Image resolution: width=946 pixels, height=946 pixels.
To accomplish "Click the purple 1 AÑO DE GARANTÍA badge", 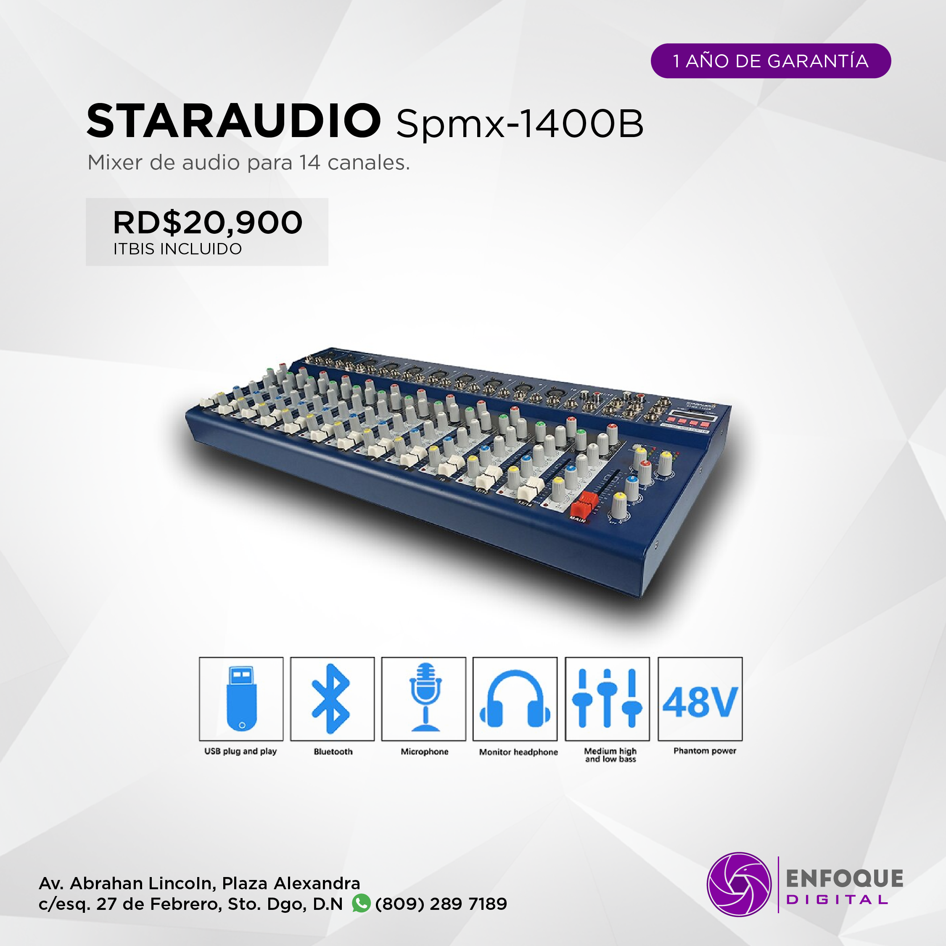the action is [x=771, y=61].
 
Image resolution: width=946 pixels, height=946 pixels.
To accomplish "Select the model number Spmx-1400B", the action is [x=520, y=124].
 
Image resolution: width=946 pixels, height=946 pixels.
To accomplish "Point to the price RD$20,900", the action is [x=208, y=223].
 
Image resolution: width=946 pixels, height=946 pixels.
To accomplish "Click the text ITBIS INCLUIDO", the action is [x=178, y=249].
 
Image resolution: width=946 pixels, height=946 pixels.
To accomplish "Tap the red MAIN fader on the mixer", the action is [x=584, y=505].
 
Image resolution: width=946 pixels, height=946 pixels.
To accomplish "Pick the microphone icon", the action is [x=425, y=697].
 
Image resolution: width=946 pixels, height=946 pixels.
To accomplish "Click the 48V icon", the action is [x=700, y=702].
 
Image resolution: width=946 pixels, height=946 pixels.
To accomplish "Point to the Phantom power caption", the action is [x=705, y=750].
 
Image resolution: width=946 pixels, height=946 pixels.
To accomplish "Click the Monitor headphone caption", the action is [x=518, y=752].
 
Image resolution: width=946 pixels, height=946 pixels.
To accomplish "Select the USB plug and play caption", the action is [x=240, y=751].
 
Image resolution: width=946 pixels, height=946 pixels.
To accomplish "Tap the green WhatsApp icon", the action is [x=361, y=903].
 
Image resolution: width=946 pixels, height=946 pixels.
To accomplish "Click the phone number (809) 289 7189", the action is [x=441, y=904].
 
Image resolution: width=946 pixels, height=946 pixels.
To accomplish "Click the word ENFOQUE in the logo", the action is [x=845, y=878].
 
